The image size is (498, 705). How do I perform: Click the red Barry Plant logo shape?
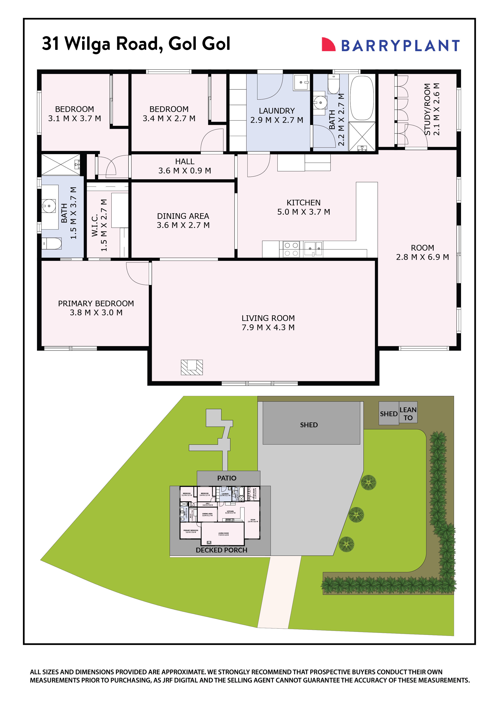[328, 45]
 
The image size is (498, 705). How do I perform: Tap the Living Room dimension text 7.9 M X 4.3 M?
[268, 327]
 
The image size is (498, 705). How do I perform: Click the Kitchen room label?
[303, 203]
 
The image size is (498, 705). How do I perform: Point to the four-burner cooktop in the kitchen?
[291, 249]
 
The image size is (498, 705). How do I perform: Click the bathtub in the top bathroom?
[362, 98]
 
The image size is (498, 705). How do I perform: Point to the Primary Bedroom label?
[96, 303]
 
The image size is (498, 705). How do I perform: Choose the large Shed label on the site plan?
[309, 425]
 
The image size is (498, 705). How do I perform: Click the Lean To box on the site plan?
[408, 414]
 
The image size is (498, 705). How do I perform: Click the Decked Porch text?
[221, 550]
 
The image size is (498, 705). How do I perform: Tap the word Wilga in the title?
[87, 44]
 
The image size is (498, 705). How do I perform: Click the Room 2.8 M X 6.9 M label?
[422, 252]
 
